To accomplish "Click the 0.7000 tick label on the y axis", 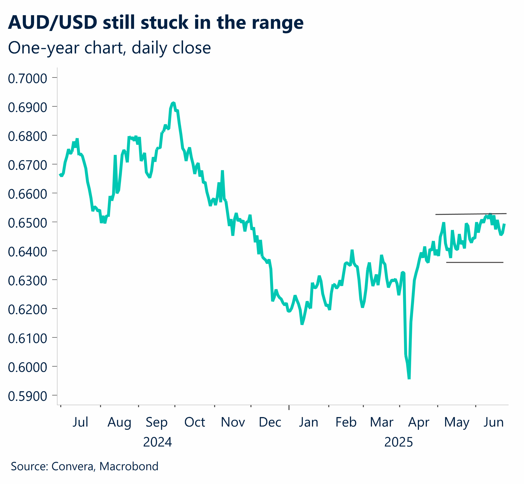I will (x=27, y=78).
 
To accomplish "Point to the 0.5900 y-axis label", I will (x=27, y=396).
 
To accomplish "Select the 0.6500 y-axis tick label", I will (x=27, y=223).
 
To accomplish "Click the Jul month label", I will (x=80, y=422).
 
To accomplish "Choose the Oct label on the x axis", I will (x=194, y=422).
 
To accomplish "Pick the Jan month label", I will (x=308, y=422).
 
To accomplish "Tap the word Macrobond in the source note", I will (x=129, y=466).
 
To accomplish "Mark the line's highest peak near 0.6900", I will (x=173, y=103).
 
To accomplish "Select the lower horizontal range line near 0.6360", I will (x=474, y=262).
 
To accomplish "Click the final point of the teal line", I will (x=505, y=224).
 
